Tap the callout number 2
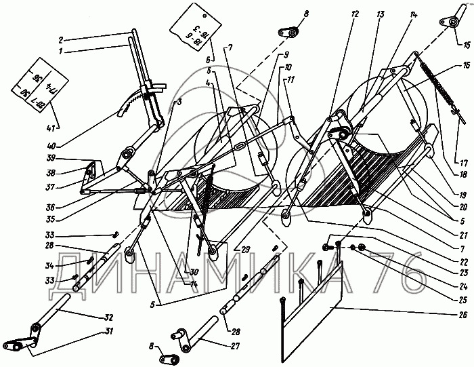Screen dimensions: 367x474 point(61,39)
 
